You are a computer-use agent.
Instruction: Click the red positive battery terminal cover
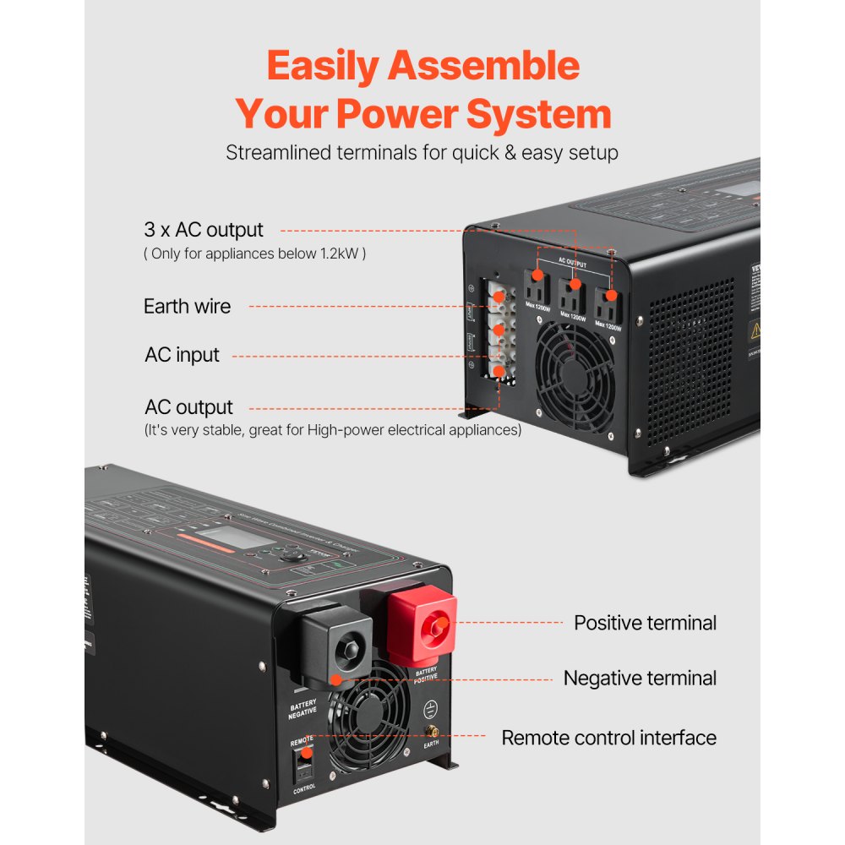422,626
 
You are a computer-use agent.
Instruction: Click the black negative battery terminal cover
337,645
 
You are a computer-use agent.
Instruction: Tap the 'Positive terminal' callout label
645,623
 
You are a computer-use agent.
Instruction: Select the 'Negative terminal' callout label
640,678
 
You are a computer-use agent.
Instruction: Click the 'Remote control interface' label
608,737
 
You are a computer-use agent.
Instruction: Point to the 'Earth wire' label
187,306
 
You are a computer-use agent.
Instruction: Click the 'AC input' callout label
182,355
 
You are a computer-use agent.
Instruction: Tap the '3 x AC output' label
203,230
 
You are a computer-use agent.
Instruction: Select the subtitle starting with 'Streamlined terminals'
422,153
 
